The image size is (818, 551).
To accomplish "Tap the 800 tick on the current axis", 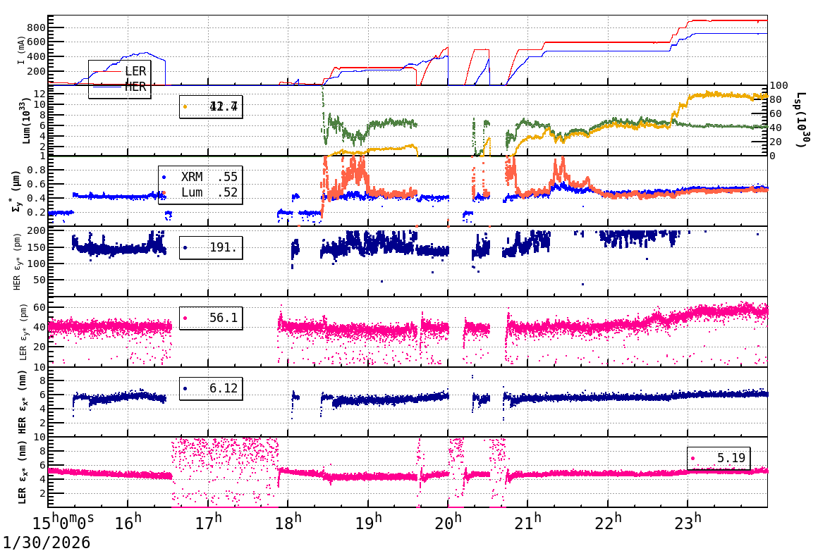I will point(36,27).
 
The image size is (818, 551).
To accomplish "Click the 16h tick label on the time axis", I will point(128,524).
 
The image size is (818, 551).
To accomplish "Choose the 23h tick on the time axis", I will point(688,524).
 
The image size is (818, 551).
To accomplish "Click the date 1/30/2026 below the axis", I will point(45,542).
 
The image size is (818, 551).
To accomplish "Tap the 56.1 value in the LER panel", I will point(224,318).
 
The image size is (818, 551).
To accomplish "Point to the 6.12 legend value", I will point(224,388).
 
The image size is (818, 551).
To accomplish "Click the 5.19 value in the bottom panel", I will point(731,458).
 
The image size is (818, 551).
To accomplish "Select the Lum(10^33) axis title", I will point(28,120).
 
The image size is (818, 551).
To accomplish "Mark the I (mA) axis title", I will point(21,49).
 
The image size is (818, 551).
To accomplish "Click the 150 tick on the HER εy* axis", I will point(37,247).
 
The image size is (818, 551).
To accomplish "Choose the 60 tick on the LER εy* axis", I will point(39,307).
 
